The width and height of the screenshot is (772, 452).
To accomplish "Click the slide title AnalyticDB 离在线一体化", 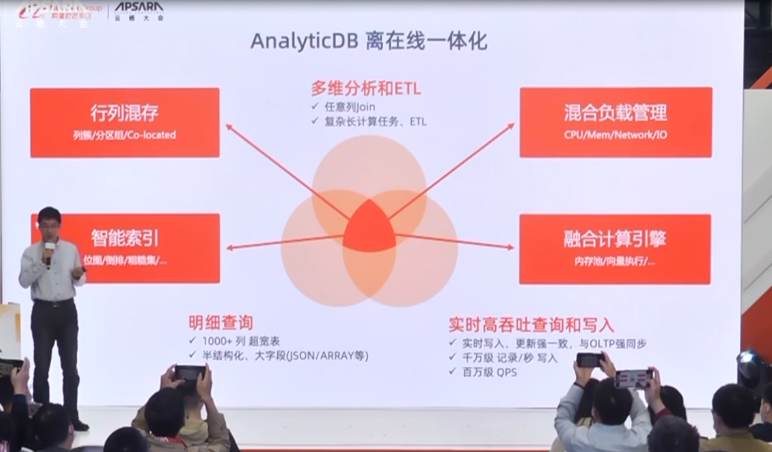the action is pos(369,41).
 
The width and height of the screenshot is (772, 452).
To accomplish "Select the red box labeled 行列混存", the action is pos(124,122).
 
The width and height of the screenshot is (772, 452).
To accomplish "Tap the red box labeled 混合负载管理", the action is pos(615,122).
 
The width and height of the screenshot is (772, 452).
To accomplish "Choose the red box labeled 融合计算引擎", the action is pos(615,248).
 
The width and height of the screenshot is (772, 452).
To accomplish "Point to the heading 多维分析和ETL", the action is pos(366,89).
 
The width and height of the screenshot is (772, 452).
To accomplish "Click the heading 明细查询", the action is pos(221,323).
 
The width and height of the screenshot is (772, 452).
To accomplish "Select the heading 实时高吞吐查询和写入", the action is pos(531,324).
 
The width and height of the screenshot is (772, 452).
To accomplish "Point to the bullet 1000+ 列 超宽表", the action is pos(241,341).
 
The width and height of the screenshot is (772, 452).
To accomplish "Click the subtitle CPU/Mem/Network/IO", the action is pos(615,135).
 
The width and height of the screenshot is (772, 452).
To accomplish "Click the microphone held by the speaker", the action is pos(49,249).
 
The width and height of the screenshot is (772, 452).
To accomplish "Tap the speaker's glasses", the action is pos(49,223).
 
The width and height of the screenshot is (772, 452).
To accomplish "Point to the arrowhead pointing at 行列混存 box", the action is pos(229,127).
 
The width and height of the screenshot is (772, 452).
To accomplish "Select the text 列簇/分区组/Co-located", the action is pos(124,135).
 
